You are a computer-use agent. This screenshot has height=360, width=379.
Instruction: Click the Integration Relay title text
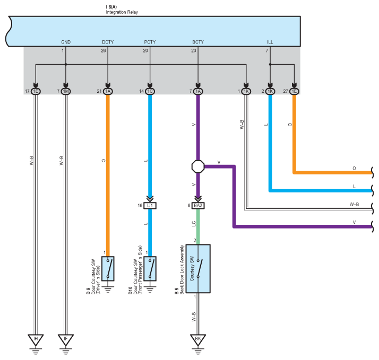pyautogui.click(x=122, y=12)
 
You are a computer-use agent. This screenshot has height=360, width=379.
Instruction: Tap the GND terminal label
pyautogui.click(x=66, y=42)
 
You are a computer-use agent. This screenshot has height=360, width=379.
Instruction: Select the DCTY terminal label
pyautogui.click(x=108, y=42)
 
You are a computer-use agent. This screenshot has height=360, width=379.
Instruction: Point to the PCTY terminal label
pyautogui.click(x=150, y=42)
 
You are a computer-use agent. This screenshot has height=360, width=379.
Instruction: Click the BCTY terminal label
pyautogui.click(x=198, y=42)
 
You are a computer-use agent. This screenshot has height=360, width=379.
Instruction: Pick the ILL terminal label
pyautogui.click(x=270, y=42)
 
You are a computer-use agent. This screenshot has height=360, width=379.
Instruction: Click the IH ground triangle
pyautogui.click(x=36, y=339)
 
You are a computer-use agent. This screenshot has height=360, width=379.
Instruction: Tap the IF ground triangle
pyautogui.click(x=66, y=339)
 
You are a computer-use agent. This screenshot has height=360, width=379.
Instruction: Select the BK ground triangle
pyautogui.click(x=198, y=339)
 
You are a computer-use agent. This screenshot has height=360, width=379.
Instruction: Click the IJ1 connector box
pyautogui.click(x=150, y=206)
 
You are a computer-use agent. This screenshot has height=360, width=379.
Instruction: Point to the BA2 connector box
pyautogui.click(x=198, y=206)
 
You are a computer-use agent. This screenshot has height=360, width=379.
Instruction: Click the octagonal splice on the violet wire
pyautogui.click(x=198, y=166)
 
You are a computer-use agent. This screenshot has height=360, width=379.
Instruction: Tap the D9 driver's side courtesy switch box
pyautogui.click(x=108, y=268)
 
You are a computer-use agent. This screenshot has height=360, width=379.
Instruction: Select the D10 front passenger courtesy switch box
pyautogui.click(x=150, y=268)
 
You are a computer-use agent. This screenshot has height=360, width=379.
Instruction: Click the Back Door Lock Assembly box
pyautogui.click(x=198, y=269)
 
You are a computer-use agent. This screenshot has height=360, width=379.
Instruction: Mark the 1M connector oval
pyautogui.click(x=66, y=91)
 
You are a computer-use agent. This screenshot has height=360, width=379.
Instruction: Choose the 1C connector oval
pyautogui.click(x=150, y=91)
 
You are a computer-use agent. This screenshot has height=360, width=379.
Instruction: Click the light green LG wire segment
pyautogui.click(x=198, y=227)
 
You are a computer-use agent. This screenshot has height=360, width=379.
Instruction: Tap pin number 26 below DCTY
pyautogui.click(x=104, y=51)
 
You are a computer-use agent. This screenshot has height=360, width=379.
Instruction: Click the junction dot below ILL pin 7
pyautogui.click(x=270, y=65)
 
